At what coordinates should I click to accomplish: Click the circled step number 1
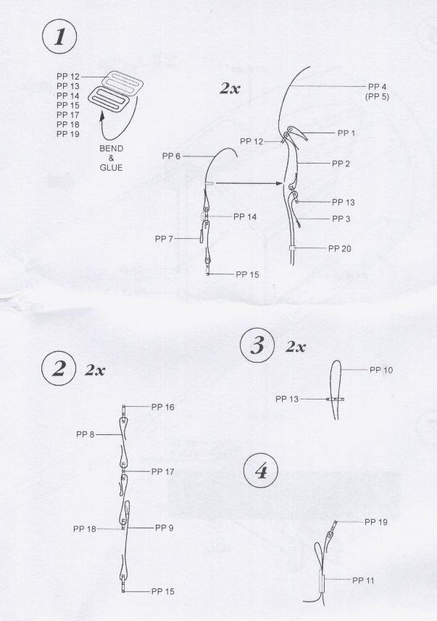tap(59, 37)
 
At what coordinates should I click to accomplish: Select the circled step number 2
tap(59, 369)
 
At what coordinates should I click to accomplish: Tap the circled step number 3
tap(257, 345)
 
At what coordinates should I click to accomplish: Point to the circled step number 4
tap(261, 471)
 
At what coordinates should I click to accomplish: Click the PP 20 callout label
tap(340, 249)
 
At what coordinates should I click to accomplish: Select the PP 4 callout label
tap(377, 87)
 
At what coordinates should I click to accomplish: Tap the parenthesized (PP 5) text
tap(377, 97)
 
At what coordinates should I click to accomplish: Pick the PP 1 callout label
tap(346, 133)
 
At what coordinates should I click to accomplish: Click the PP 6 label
tap(171, 156)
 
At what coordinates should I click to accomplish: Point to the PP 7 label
tap(164, 239)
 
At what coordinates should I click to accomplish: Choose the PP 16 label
tap(162, 407)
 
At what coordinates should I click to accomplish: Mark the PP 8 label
tap(86, 434)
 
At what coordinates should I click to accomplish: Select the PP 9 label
tap(165, 528)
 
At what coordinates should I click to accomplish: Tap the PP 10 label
tap(381, 370)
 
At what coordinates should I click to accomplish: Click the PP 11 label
tap(363, 580)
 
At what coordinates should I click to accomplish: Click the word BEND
tap(112, 148)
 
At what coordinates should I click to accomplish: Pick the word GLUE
tap(111, 167)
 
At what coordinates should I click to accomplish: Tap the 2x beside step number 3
tap(296, 347)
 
